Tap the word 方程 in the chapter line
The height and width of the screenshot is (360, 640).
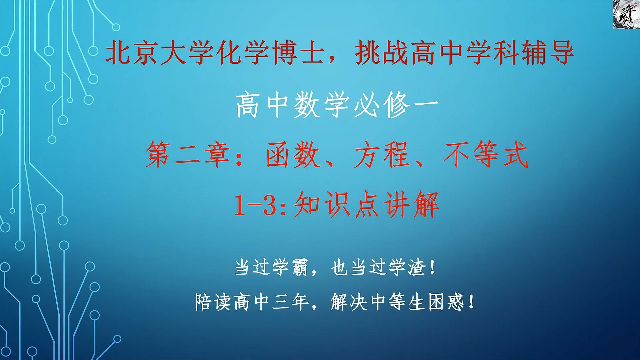click(382, 155)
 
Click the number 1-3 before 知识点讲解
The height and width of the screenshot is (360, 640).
click(260, 205)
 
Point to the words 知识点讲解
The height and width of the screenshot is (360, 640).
click(366, 205)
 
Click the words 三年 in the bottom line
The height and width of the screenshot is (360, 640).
click(290, 302)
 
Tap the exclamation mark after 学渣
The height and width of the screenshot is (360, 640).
click(433, 268)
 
